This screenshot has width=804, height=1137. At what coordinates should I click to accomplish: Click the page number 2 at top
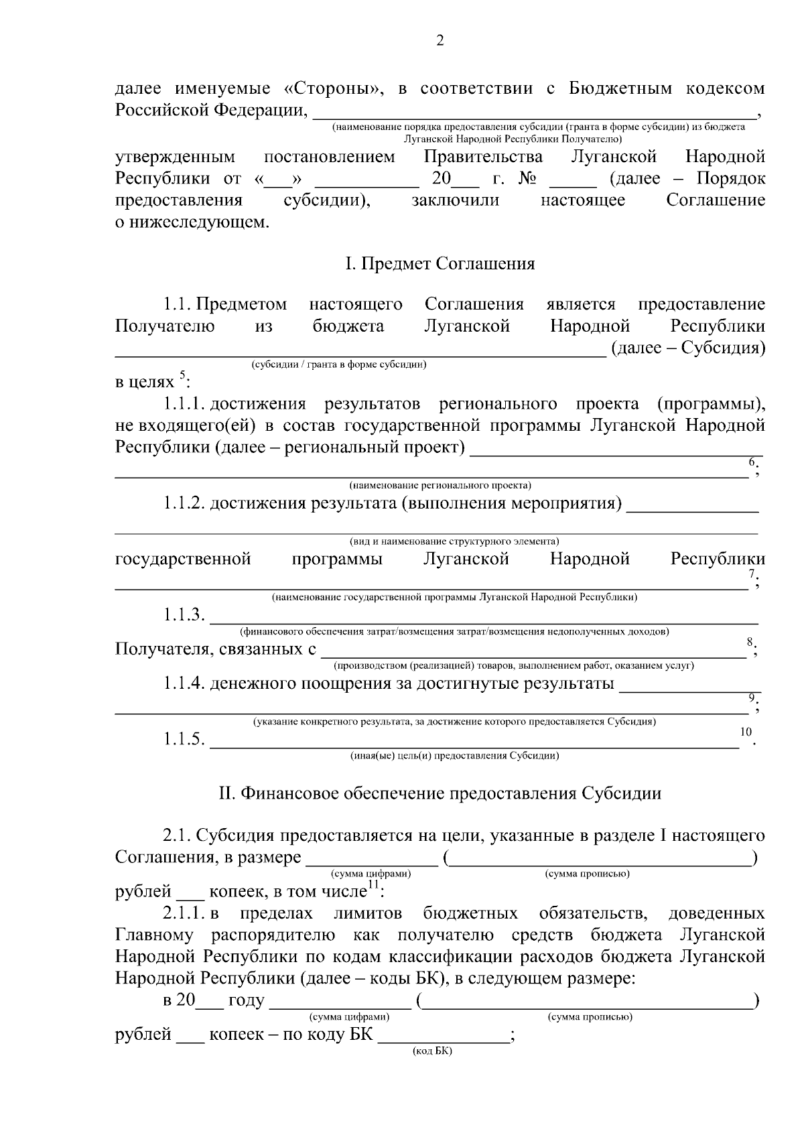pyautogui.click(x=440, y=42)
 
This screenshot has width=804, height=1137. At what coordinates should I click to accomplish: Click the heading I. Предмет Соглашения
pyautogui.click(x=440, y=263)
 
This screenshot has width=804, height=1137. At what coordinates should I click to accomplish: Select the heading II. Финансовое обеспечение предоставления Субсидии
pyautogui.click(x=440, y=793)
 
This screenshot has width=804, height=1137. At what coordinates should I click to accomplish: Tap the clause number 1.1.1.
pyautogui.click(x=184, y=404)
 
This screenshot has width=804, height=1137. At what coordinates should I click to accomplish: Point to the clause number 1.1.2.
pyautogui.click(x=184, y=503)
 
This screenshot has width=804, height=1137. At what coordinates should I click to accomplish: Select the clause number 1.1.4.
pyautogui.click(x=184, y=683)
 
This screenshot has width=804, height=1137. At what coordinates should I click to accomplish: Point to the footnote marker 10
pyautogui.click(x=746, y=732)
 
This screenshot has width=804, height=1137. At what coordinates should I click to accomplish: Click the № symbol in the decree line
pyautogui.click(x=526, y=179)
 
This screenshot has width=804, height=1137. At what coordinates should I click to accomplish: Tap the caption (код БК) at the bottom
pyautogui.click(x=432, y=1051)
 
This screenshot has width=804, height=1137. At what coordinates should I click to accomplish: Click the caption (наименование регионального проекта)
pyautogui.click(x=440, y=485)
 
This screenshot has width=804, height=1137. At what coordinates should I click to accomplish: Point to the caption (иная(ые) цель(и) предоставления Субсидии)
pyautogui.click(x=454, y=756)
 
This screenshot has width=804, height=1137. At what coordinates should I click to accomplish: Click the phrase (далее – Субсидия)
pyautogui.click(x=688, y=348)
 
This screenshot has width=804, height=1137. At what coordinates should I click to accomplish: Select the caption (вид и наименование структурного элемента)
pyautogui.click(x=454, y=541)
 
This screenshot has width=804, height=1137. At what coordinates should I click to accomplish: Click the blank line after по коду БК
pyautogui.click(x=444, y=1034)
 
